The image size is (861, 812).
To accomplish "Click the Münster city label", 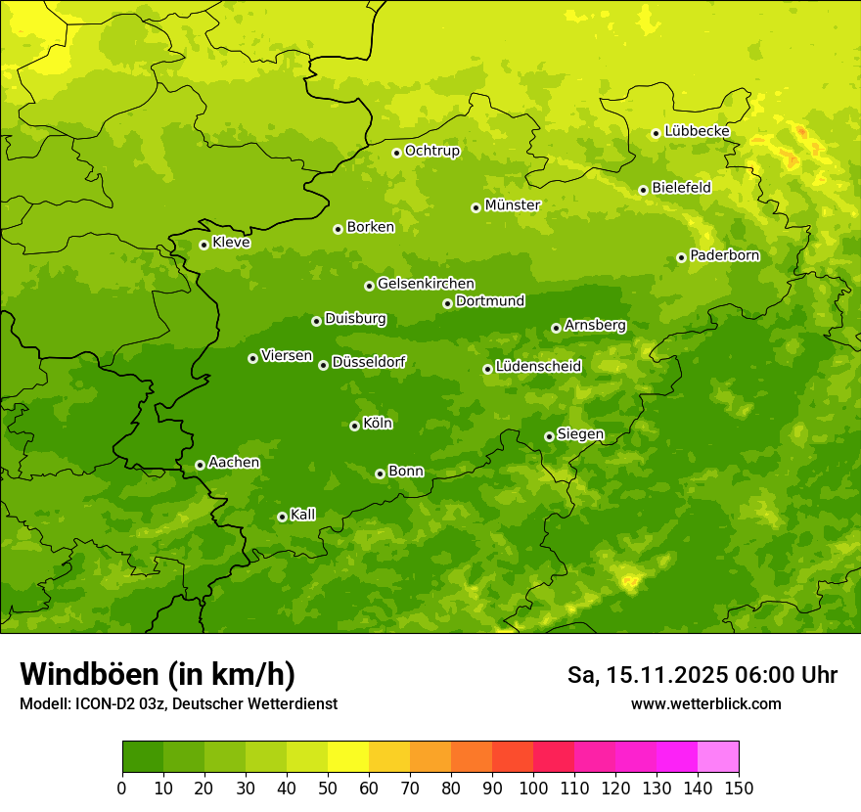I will point(512,205).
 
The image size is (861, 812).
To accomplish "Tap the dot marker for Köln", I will point(354,426).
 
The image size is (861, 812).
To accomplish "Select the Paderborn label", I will point(724,255).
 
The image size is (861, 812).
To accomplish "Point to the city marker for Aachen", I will point(200,465).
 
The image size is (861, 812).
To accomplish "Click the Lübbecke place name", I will point(697,131).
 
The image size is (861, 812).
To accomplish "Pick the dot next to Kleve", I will point(204,245).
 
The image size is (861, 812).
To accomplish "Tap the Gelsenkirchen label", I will point(426,284).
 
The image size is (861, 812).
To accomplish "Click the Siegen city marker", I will point(549,436).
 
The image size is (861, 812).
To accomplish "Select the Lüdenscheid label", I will point(538,367).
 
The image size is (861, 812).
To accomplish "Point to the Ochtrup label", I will point(431,151).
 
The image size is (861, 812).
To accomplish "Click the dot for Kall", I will point(282,517).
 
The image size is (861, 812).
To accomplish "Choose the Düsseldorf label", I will point(368,363).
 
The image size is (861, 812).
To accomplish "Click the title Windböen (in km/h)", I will point(158,674).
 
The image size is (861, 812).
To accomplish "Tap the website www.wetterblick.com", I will point(705,703).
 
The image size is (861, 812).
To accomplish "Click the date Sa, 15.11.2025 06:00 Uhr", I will point(702,675).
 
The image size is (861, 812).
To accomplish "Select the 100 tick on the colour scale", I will point(533,788).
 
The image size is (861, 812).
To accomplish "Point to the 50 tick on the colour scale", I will point(328,788).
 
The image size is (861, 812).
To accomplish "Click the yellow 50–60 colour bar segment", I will point(348,757).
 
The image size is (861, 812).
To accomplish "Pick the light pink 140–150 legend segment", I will point(718,757).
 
